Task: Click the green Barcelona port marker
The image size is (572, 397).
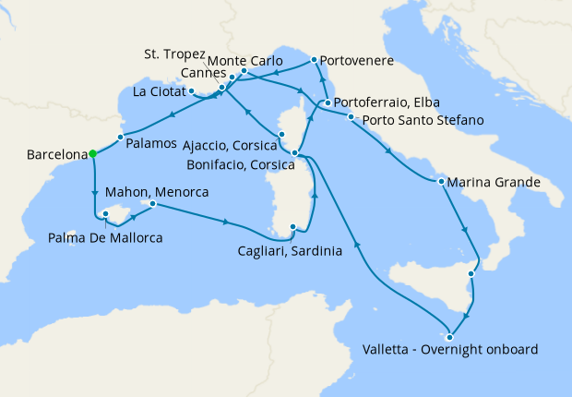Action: coord(93,155)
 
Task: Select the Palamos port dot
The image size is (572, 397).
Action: coord(120,137)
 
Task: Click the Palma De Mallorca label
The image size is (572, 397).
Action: coord(105,238)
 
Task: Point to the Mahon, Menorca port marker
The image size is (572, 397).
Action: coord(153,203)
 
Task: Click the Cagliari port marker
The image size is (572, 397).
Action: coord(293,227)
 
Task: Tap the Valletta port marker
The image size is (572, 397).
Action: coord(449,336)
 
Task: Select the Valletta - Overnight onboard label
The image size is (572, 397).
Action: coord(449,350)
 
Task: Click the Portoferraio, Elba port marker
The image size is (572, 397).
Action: coord(327,102)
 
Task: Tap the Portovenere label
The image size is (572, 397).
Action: coord(357,61)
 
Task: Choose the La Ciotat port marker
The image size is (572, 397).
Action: coord(191,90)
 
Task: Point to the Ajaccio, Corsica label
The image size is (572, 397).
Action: coord(230,144)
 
